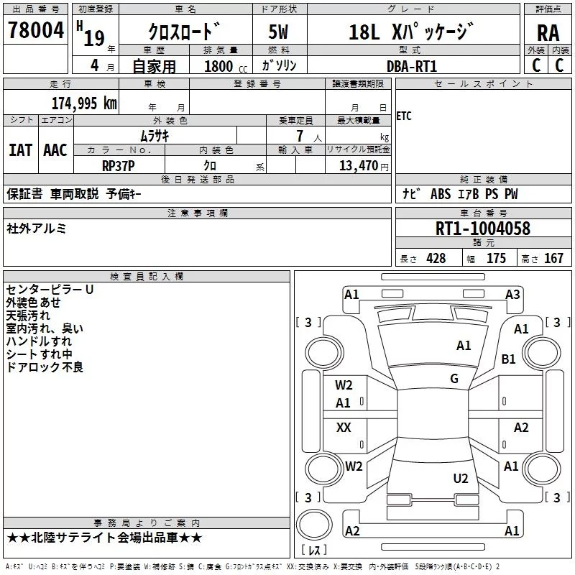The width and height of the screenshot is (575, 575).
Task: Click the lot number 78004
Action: pyautogui.click(x=36, y=30)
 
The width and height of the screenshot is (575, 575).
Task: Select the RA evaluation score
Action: pyautogui.click(x=548, y=33)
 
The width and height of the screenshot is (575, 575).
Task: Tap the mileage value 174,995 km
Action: pyautogui.click(x=84, y=103)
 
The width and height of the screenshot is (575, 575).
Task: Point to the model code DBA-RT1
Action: pyautogui.click(x=412, y=66)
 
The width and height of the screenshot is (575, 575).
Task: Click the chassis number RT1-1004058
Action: pyautogui.click(x=483, y=229)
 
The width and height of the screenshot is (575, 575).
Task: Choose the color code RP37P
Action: pyautogui.click(x=119, y=166)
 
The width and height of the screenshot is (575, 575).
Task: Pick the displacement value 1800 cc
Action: pyautogui.click(x=226, y=67)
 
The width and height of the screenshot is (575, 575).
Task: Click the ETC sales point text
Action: pyautogui.click(x=404, y=116)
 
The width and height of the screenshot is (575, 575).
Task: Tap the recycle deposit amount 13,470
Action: pyautogui.click(x=359, y=166)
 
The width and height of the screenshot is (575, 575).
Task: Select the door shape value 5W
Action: pyautogui.click(x=278, y=32)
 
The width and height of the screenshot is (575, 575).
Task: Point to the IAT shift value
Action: pyautogui.click(x=21, y=150)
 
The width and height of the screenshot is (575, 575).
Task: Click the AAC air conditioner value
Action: pyautogui.click(x=55, y=150)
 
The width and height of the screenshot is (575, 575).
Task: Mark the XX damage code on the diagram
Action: pyautogui.click(x=344, y=427)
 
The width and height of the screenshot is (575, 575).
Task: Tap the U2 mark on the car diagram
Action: pyautogui.click(x=461, y=479)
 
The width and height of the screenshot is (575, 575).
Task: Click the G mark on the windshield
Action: pyautogui.click(x=454, y=379)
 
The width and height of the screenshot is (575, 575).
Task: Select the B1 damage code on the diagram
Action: pyautogui.click(x=508, y=359)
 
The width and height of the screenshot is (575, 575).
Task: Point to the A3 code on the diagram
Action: pyautogui.click(x=512, y=295)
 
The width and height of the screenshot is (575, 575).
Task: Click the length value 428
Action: pyautogui.click(x=436, y=259)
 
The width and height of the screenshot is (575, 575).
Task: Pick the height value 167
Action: pyautogui.click(x=553, y=259)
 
